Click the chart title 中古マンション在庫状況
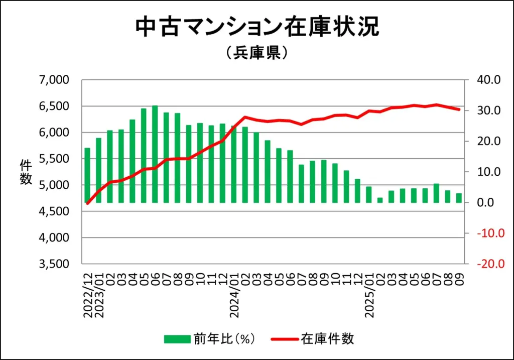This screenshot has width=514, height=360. [257, 28]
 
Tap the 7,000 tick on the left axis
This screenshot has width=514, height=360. [54, 80]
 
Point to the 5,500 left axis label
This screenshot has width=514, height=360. [54, 159]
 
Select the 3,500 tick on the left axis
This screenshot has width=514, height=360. [54, 264]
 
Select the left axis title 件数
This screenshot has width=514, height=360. [26, 172]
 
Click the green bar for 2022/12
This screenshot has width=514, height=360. [88, 175]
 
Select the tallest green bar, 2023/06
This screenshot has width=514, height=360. [155, 154]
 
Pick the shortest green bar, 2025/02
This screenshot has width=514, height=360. [380, 200]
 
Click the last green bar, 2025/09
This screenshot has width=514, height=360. [459, 198]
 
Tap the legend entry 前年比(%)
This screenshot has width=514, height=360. [211, 339]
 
